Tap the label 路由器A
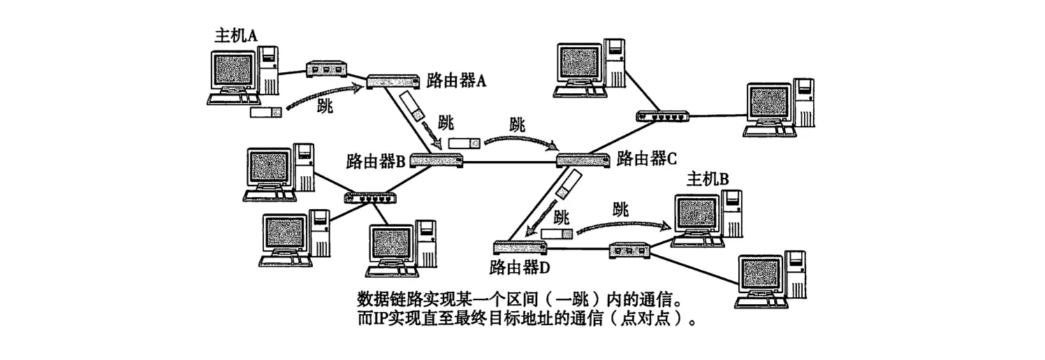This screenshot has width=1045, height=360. pos(456,80)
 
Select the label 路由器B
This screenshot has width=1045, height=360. pos(376,162)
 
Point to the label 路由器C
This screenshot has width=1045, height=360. pos(646,157)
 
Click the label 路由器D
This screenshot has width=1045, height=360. pos(520,266)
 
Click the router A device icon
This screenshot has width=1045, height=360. pos(394,81)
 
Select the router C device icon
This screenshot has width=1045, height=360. pos(583,161)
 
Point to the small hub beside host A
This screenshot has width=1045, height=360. pos(326,69)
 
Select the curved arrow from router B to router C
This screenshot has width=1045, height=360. pos(521,140)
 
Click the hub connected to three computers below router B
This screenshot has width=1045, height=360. pos(370,197)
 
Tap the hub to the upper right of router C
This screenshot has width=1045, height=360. pos(662,116)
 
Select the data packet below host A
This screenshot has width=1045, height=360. pos(266,112)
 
